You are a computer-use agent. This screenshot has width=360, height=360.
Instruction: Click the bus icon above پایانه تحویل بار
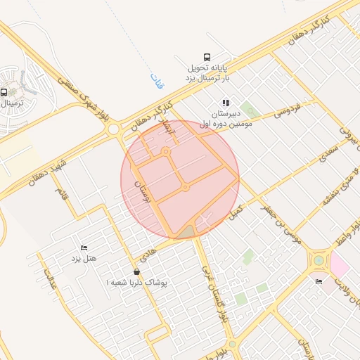coord(206,57)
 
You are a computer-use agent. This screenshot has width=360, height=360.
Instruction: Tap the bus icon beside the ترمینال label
coord(4,92)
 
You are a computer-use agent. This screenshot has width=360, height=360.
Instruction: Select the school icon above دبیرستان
coord(226,102)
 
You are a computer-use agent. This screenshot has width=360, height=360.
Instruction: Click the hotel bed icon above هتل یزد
coord(84,248)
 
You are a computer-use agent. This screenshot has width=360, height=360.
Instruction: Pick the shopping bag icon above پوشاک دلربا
coord(136,271)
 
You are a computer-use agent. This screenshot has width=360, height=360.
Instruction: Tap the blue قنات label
coord(157,81)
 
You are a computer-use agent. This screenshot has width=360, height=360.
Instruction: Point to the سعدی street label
coord(328,152)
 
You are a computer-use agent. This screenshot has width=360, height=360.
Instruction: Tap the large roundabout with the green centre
coord(319,261)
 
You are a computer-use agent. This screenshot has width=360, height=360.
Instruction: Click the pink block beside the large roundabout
coord(339,265)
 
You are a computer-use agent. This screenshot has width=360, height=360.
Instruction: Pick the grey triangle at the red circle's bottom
coord(186,231)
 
